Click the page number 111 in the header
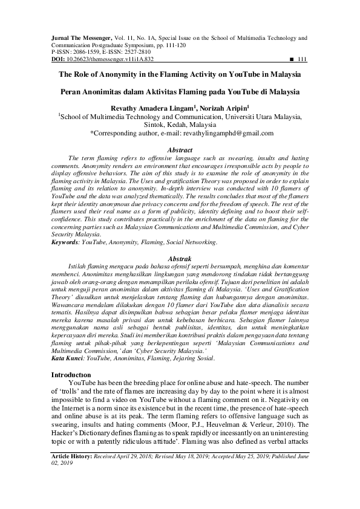(x=303, y=60)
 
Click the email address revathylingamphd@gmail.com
(x=220, y=133)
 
